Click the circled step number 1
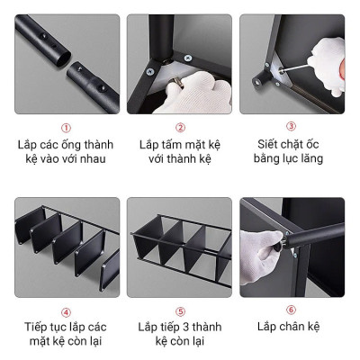coord(65,128)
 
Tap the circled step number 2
coord(180,128)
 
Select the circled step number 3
coord(291,127)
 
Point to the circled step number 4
coord(65,311)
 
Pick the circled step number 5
coord(180,311)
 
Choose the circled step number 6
coord(291,310)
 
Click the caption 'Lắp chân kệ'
coord(291,327)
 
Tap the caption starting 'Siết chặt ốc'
coord(291,152)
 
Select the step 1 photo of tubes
coord(65,63)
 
